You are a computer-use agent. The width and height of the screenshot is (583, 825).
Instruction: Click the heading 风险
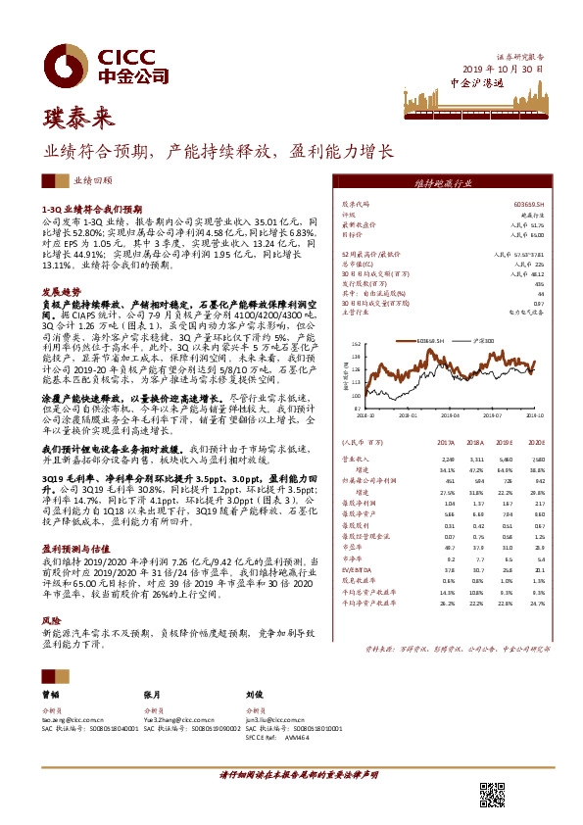pos(51,621)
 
